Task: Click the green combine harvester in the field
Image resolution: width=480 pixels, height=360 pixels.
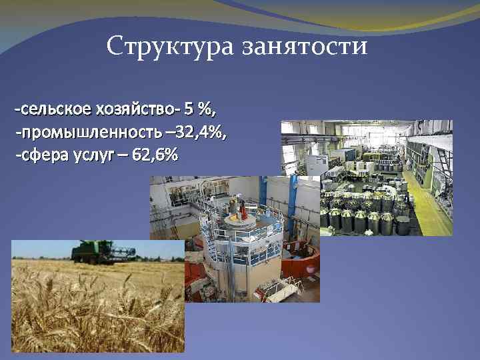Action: click(87, 251)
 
